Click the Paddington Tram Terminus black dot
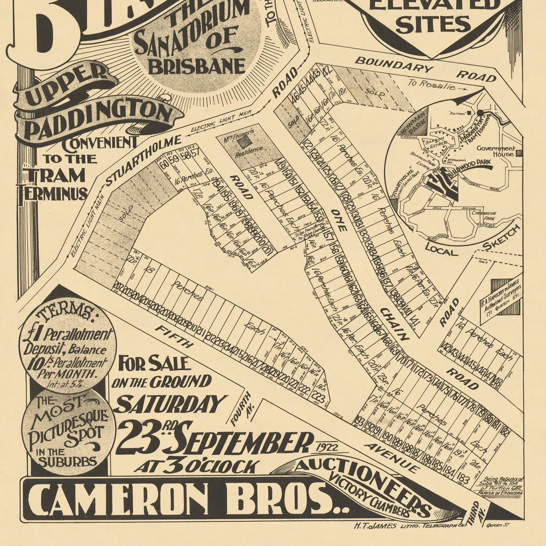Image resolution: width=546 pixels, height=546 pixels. pos(480,113)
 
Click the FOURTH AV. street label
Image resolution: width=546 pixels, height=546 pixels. pos(240,408)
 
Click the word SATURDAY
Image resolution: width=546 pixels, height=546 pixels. pos(170,404)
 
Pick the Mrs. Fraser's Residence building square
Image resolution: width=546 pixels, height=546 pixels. pos(243,141)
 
